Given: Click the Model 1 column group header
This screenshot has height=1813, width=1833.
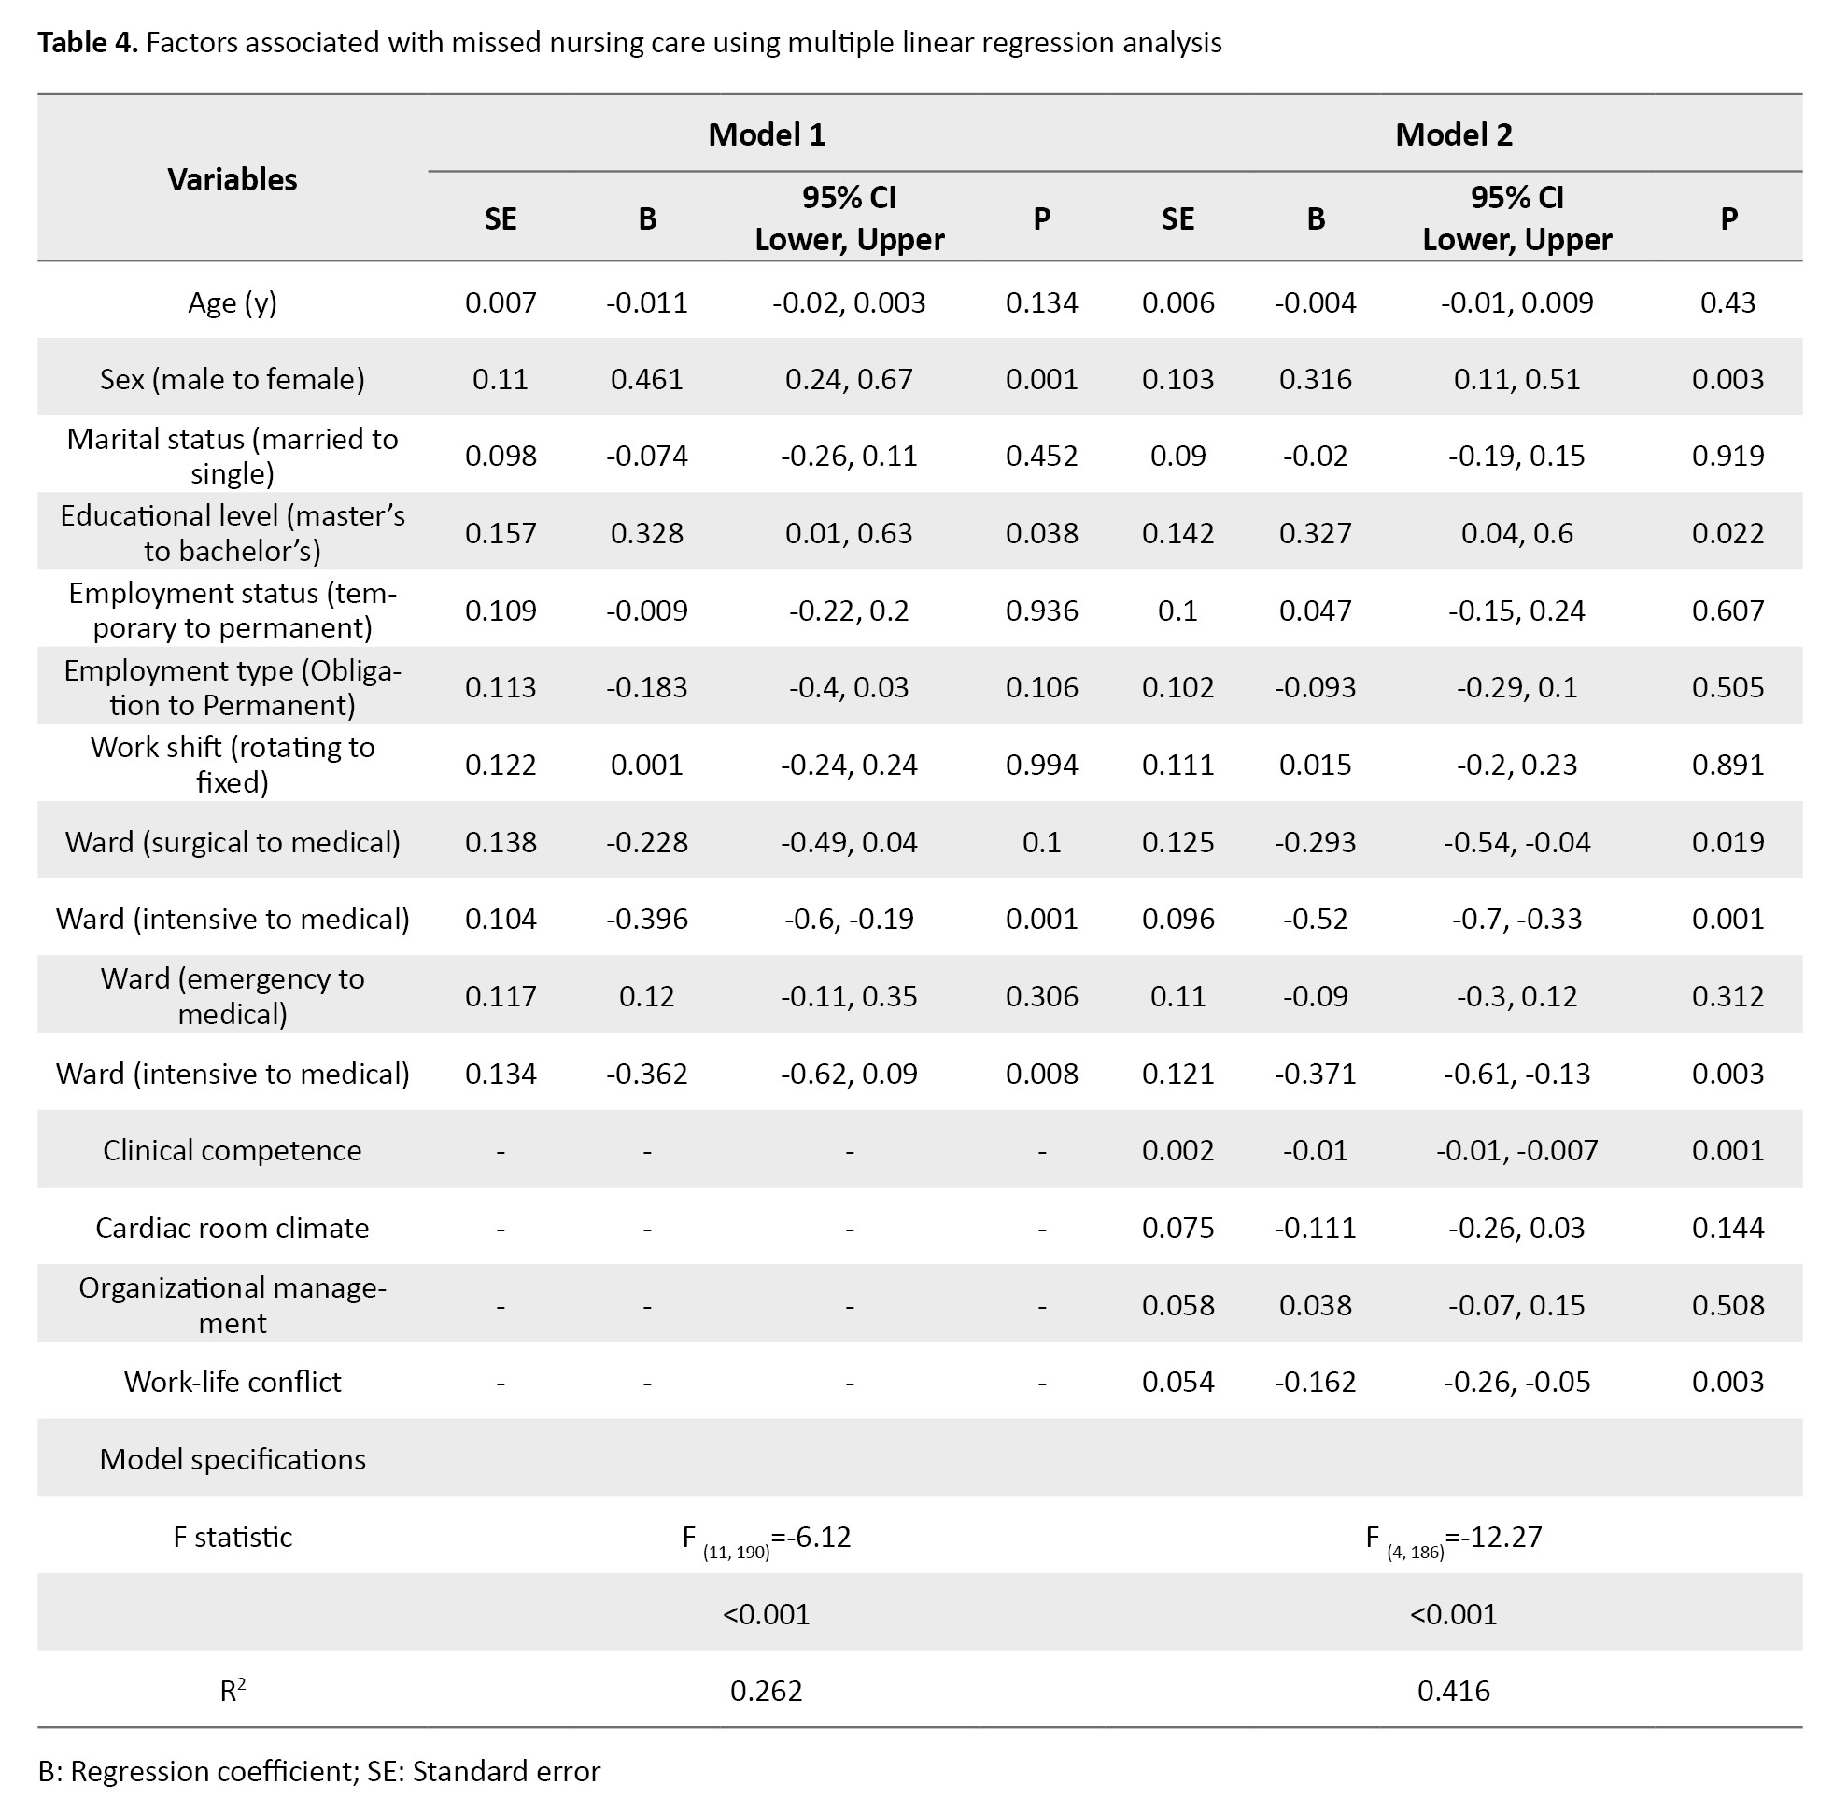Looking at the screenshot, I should click(x=766, y=134).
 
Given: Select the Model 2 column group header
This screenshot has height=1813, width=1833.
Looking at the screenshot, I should click(x=1453, y=134).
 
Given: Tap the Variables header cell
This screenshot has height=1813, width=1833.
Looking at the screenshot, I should click(x=233, y=179).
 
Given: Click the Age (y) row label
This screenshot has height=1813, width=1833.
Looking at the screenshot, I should click(x=233, y=302).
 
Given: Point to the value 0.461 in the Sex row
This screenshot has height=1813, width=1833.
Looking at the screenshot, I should click(x=646, y=379).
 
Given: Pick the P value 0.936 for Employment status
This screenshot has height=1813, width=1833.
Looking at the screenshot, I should click(x=1041, y=610).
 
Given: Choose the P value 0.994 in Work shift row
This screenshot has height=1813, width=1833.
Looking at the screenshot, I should click(x=1041, y=765).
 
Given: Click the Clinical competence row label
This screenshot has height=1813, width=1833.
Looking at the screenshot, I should click(x=233, y=1150).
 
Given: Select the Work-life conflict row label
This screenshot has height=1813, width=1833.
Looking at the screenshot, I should click(x=233, y=1382).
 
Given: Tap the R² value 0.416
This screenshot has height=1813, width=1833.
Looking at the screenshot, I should click(x=1453, y=1691).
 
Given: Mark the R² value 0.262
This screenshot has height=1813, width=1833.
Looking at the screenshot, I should click(x=766, y=1691).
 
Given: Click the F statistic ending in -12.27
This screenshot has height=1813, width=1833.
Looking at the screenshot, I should click(x=1453, y=1537).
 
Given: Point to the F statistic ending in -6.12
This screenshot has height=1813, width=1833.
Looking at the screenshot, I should click(x=766, y=1537).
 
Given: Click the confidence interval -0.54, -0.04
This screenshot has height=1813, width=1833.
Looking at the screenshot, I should click(x=1516, y=842).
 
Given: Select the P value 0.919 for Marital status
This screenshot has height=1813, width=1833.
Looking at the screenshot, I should click(x=1727, y=457).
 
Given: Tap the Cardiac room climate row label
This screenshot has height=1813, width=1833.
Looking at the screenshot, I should click(x=233, y=1228).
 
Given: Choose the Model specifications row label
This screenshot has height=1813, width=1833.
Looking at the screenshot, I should click(x=233, y=1459).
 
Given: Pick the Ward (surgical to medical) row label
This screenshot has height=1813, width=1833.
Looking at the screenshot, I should click(x=233, y=842).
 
